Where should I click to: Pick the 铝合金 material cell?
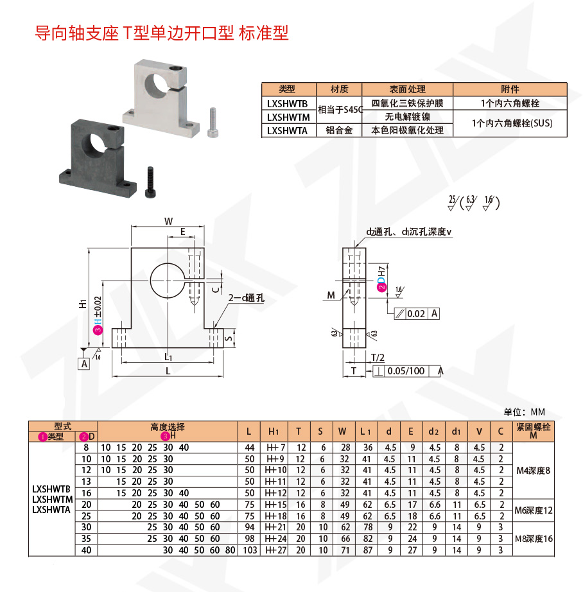coord(340,130)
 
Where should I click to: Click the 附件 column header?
coord(510,89)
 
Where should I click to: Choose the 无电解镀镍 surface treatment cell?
coord(407,116)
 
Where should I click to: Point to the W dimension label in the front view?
coord(168,221)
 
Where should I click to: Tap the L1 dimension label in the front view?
coord(168,356)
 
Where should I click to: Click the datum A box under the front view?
coord(84,364)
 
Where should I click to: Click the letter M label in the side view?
coord(331,295)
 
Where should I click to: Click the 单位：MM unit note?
coord(524,412)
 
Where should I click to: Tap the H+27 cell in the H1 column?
coord(277,550)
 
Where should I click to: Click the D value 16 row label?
coord(86,492)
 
